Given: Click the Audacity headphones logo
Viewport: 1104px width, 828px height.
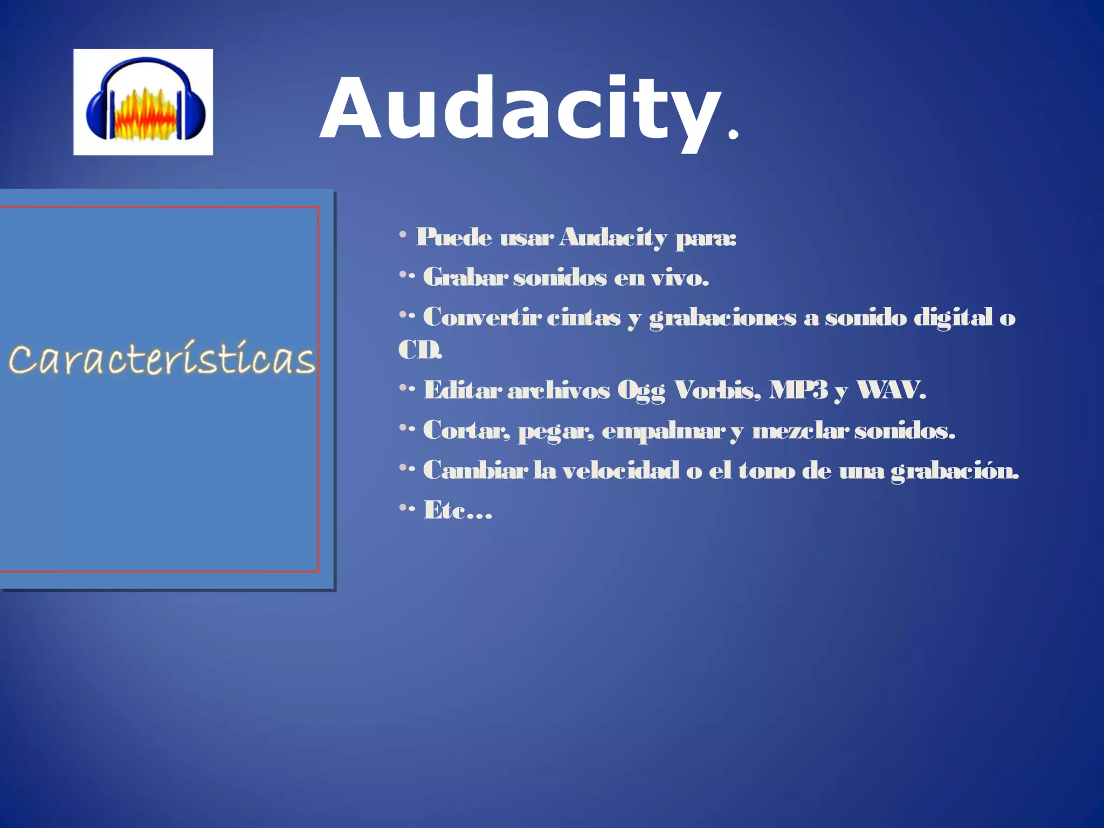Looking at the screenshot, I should coord(143,102).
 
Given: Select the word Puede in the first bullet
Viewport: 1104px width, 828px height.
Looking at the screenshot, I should coord(454,237).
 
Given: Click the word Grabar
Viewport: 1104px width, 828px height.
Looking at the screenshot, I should coord(465,278).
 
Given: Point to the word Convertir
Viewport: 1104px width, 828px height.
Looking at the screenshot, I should coord(482,317).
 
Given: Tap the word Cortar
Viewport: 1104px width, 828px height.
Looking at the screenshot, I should coord(465,431).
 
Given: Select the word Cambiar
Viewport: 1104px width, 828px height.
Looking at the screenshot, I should coord(475,471).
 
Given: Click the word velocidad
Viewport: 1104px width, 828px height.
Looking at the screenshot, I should coord(620,471).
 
